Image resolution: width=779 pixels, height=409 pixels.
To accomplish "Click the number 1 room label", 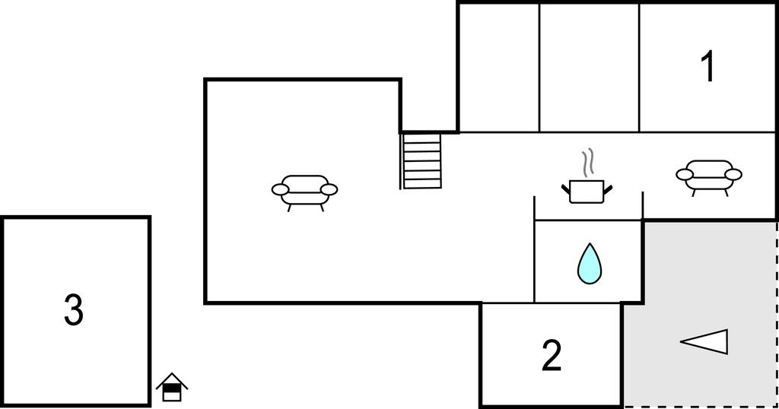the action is click(708, 66).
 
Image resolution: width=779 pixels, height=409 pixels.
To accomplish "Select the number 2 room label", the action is click(552, 355).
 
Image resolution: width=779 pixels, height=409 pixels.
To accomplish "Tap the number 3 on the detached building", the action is click(74, 309).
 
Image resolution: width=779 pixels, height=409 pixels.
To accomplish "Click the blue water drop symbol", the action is click(590, 264).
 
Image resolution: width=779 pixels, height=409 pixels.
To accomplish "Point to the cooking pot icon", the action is click(587, 192).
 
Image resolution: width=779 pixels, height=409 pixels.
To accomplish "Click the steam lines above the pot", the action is click(588, 163).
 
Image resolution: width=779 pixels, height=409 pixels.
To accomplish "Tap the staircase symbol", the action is click(421, 161).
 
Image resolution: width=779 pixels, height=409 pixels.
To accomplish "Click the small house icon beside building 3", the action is click(172, 387).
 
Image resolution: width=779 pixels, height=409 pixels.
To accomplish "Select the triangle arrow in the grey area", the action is click(704, 341).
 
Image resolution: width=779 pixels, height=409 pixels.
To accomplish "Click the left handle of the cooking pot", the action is click(566, 189).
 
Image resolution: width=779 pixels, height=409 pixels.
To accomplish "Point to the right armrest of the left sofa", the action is click(329, 189).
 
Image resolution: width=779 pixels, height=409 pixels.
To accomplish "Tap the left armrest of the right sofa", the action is click(685, 174).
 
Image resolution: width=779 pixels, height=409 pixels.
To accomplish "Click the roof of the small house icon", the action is click(172, 380).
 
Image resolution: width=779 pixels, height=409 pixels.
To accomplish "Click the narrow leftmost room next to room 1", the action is click(499, 68).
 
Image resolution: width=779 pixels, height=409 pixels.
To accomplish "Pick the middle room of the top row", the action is click(590, 68).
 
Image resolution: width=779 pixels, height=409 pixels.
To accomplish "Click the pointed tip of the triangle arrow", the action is click(681, 341).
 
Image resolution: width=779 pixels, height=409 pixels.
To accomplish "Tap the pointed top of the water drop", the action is click(590, 243).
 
